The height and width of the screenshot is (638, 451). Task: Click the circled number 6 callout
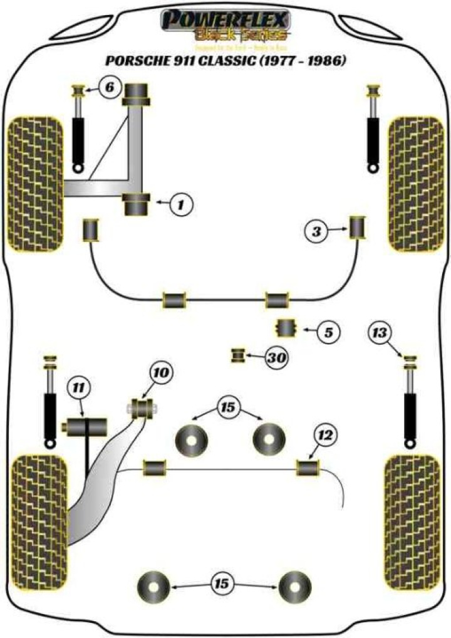click(110, 88)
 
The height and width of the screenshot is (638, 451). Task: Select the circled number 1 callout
click(180, 203)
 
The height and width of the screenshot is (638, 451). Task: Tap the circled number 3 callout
click(316, 232)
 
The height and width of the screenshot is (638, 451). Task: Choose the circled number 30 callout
click(276, 358)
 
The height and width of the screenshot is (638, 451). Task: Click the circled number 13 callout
click(380, 332)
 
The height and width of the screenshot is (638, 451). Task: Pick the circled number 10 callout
click(161, 374)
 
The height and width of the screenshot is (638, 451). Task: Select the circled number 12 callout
click(326, 434)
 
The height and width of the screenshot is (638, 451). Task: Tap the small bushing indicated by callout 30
click(237, 355)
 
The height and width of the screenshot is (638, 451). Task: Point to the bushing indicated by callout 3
click(358, 227)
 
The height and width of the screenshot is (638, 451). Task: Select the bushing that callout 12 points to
click(308, 468)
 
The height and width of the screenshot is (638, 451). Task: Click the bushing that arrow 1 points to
click(137, 204)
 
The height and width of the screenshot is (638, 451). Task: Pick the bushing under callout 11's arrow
click(86, 429)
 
